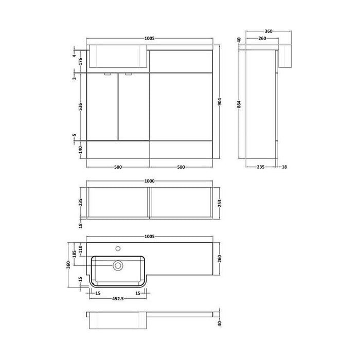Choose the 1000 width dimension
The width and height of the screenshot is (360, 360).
coord(149,181)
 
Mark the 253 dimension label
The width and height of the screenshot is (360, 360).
coord(220,203)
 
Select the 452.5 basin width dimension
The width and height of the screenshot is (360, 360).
coord(118,298)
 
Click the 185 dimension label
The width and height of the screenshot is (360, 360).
coord(75,255)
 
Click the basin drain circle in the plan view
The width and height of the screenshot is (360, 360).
coord(118,265)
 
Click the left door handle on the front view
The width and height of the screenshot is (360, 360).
coord(107,75)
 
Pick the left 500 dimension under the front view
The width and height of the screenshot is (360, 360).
coord(118,167)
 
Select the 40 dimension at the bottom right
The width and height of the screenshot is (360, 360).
coord(220,323)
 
